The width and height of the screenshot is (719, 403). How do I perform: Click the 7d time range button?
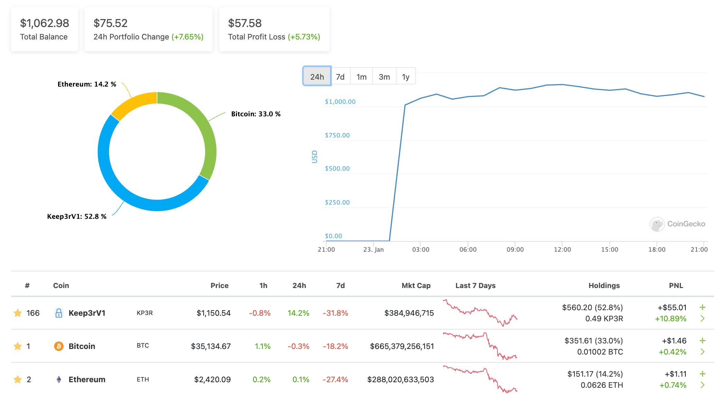tap(340, 77)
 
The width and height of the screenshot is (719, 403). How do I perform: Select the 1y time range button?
tap(406, 77)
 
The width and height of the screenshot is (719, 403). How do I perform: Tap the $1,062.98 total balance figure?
tap(44, 23)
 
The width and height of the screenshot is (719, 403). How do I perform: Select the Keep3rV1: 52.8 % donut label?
tap(77, 216)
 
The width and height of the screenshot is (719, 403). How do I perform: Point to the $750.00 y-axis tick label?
tap(337, 135)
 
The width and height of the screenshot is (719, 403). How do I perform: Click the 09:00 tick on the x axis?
tap(515, 249)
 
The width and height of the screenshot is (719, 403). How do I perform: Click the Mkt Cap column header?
tap(416, 286)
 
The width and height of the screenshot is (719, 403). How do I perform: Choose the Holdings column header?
tap(604, 286)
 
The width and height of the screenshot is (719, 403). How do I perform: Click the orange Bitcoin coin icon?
tap(59, 346)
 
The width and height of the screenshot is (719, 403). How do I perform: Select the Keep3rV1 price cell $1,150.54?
tap(213, 313)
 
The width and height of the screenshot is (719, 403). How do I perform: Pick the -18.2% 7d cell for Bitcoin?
tap(335, 346)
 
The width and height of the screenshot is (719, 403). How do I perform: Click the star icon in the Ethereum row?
tap(18, 379)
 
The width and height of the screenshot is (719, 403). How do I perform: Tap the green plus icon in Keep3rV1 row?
tap(702, 307)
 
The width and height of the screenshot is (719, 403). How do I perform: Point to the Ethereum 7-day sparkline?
tap(480, 379)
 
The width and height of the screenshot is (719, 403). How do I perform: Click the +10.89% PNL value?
tap(670, 319)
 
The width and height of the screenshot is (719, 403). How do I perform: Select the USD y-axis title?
tap(315, 157)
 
